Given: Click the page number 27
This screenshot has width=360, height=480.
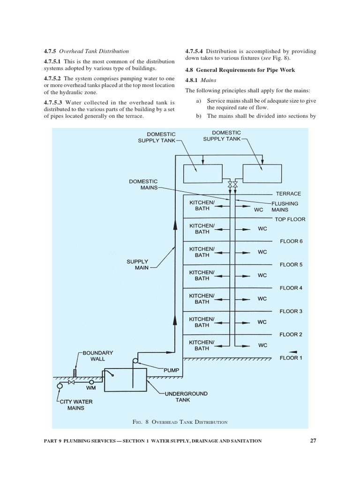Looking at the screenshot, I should (313, 440).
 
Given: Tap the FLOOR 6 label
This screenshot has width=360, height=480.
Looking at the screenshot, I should (291, 241).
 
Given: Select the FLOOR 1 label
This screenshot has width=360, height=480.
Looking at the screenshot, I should (291, 358).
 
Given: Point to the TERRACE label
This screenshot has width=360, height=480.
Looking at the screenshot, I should (288, 194).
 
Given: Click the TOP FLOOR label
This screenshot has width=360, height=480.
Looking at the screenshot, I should (290, 219).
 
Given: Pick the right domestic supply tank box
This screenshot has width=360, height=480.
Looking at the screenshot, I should (262, 174).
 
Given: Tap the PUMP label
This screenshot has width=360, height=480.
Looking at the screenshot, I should (172, 370).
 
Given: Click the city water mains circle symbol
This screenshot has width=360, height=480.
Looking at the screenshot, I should (60, 386).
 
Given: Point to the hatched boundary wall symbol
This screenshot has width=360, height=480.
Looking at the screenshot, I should (75, 373).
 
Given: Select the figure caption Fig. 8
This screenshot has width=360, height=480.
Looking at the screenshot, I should (180, 422).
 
